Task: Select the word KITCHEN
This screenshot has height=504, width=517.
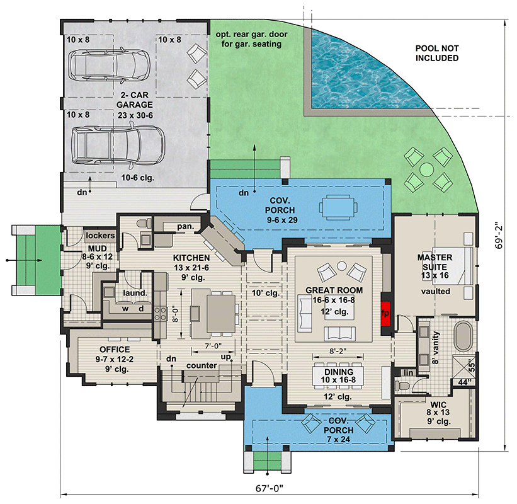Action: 192,258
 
